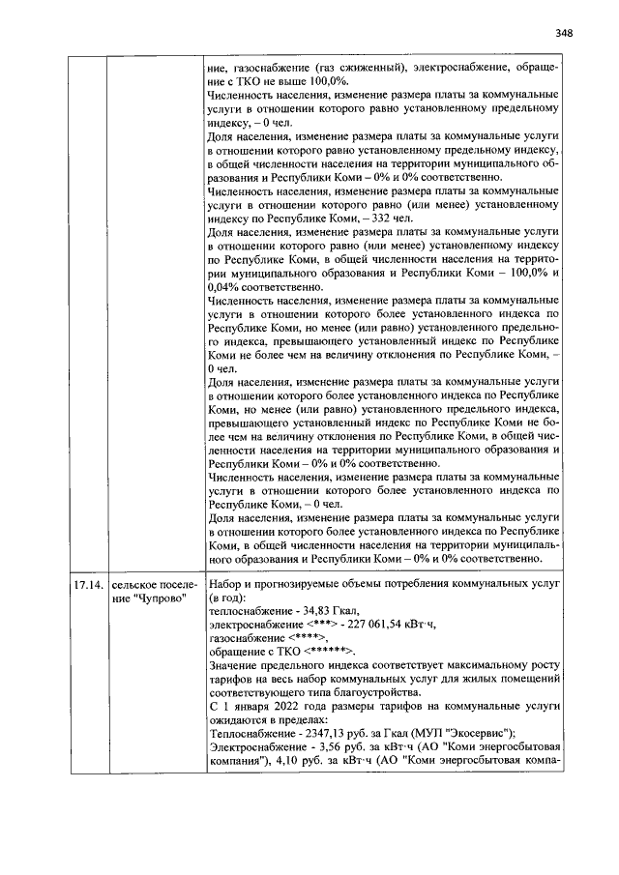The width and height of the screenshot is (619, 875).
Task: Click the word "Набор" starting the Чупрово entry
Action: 227,586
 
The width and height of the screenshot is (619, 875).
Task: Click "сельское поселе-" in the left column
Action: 154,586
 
